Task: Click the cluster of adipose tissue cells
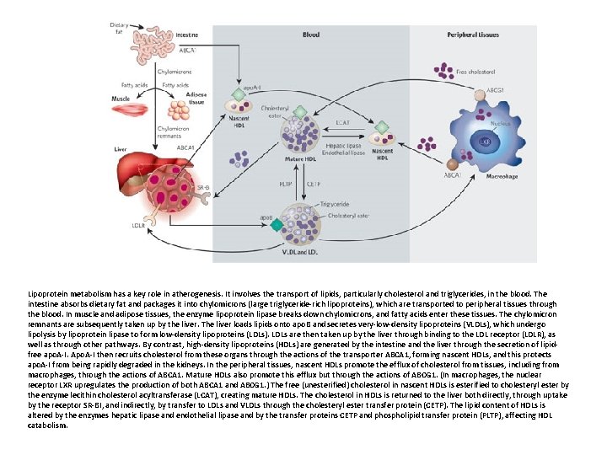point(178,112)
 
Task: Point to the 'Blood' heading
point(311,35)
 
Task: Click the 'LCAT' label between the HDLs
point(342,123)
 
